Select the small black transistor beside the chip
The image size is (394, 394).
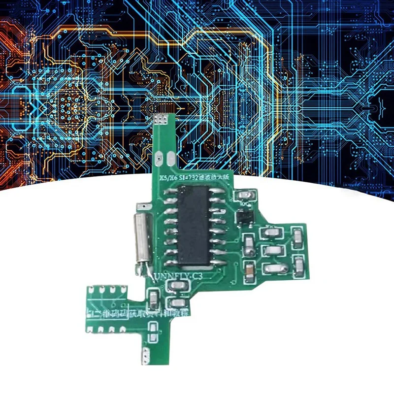pos(242,215)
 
